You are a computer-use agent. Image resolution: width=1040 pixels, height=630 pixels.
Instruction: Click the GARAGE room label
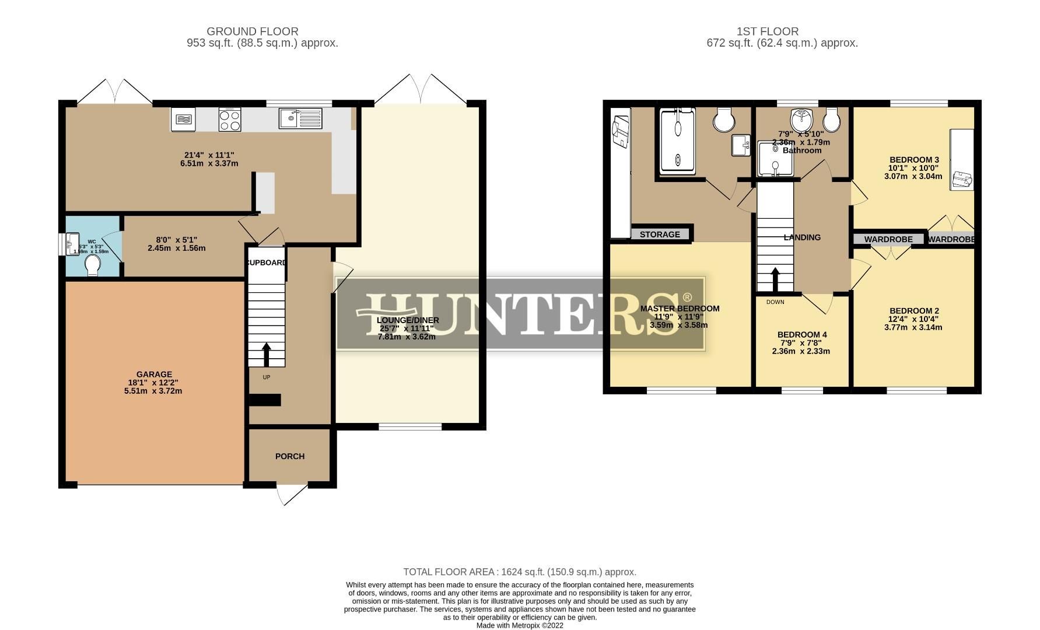154,374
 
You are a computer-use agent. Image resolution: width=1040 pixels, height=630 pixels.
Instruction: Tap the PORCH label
290,456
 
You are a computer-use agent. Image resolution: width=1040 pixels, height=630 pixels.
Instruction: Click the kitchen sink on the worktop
300,118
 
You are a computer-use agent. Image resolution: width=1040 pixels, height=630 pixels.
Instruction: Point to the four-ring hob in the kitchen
230,120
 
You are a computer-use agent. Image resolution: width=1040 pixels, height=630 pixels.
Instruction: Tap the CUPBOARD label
267,262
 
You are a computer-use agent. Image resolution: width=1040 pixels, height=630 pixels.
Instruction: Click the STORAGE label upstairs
660,235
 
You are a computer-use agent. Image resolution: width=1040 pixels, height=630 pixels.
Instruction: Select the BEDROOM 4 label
802,335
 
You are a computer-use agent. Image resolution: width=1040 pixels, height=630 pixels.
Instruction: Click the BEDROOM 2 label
914,311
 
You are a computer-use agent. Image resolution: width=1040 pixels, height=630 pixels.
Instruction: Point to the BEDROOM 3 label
914,160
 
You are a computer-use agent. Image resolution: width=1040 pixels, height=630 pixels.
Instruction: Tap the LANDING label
802,237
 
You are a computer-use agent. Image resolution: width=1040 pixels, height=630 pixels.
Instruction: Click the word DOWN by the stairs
775,302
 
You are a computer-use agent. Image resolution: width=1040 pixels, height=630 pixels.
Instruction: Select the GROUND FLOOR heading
252,32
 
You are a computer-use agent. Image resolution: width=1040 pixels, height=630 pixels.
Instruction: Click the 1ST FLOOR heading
767,32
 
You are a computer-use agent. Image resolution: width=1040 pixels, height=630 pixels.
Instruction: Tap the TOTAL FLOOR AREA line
519,572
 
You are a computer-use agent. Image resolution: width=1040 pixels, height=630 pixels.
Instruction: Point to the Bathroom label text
802,150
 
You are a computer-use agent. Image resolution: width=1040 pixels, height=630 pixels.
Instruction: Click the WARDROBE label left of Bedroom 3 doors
888,239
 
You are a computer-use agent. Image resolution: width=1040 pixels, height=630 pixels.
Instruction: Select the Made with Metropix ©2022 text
520,625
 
